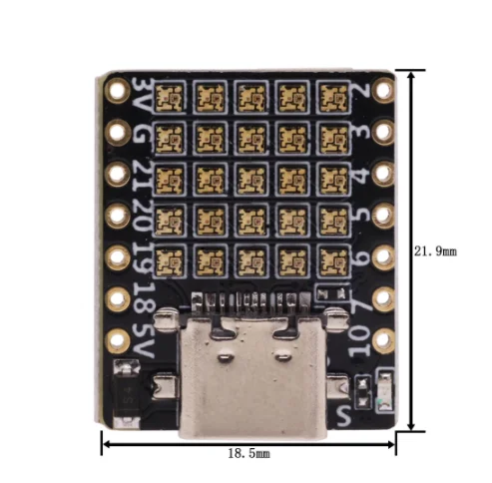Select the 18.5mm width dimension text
pyautogui.click(x=249, y=453)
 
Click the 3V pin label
pyautogui.click(x=142, y=95)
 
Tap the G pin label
pyautogui.click(x=142, y=133)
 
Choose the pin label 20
pyautogui.click(x=142, y=213)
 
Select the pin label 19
pyautogui.click(x=143, y=255)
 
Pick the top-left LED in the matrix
pyautogui.click(x=171, y=96)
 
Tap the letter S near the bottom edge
pyautogui.click(x=345, y=410)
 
